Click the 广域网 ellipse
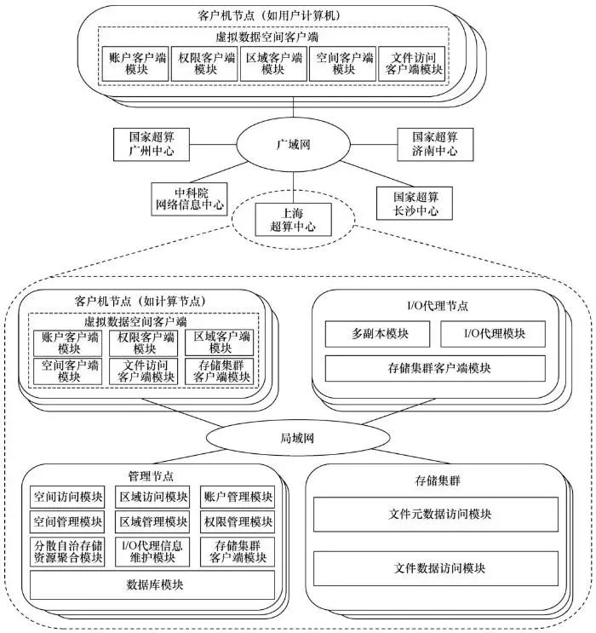(x=294, y=144)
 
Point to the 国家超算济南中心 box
(x=435, y=143)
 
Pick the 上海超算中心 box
(x=293, y=220)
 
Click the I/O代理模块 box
(x=495, y=333)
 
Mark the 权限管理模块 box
(x=238, y=521)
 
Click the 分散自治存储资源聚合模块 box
(x=67, y=551)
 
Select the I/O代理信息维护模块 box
(x=153, y=551)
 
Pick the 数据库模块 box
(x=152, y=584)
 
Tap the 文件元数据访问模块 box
(x=436, y=515)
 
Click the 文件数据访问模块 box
(x=436, y=567)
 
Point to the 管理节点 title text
(x=152, y=475)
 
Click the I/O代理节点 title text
(x=438, y=304)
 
